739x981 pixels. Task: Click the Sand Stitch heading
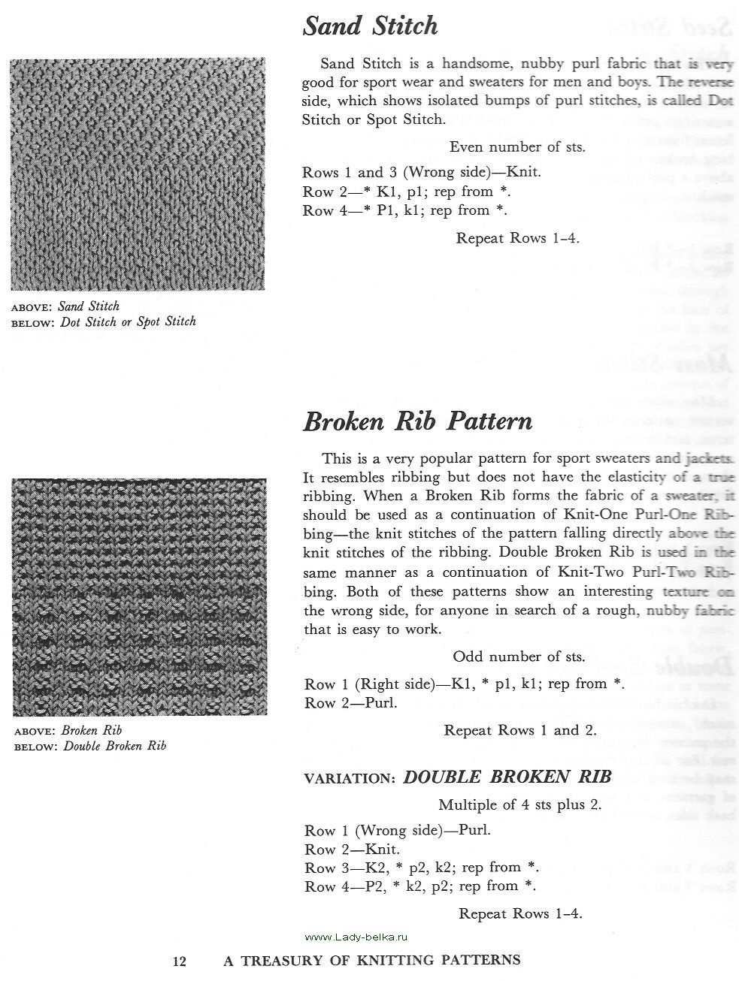point(370,27)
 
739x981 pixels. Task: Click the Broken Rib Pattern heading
point(417,421)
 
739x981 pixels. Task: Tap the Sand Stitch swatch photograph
point(138,174)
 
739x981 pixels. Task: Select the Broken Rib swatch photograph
point(139,597)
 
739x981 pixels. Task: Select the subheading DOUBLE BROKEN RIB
point(507,777)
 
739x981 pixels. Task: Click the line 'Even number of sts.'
point(517,147)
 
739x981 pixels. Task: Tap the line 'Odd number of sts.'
point(519,657)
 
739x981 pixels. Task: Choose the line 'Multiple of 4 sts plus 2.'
point(520,804)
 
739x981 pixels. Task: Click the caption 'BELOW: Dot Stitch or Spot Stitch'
point(104,321)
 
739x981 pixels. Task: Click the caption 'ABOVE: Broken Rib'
point(68,730)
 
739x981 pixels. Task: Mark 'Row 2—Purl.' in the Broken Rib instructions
point(350,703)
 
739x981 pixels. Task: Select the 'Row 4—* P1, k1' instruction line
point(404,210)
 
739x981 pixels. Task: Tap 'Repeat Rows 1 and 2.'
point(520,730)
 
